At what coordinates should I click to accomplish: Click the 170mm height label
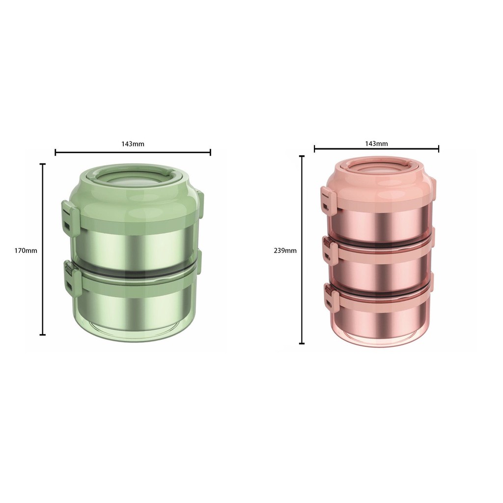(x=26, y=251)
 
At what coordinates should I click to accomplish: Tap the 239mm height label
(x=285, y=251)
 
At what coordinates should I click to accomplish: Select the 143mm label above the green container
(x=133, y=144)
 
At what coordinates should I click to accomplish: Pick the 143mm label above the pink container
(x=376, y=144)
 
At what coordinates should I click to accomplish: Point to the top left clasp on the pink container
(x=328, y=201)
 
